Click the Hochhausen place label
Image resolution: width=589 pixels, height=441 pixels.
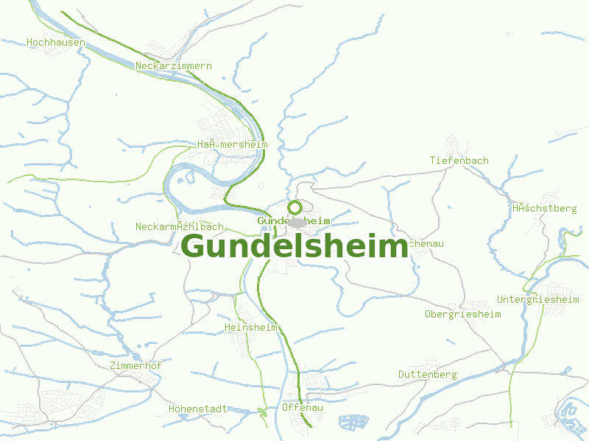coord(56,43)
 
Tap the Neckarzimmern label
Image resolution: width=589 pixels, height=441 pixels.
coord(174,66)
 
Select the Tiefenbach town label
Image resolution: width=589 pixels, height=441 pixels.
coord(459,160)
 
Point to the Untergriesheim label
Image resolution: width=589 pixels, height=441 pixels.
coord(538,300)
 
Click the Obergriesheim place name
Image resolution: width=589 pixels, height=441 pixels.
coord(462,315)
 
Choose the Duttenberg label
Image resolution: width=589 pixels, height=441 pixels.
coord(428,375)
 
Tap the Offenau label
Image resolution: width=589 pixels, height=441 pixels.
coord(303,408)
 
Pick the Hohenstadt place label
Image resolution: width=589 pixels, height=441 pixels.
coord(198,409)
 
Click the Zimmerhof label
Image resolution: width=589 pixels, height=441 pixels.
coord(135,366)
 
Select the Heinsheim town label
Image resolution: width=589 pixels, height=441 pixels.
coord(250,327)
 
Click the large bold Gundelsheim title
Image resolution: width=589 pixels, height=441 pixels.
coord(294,246)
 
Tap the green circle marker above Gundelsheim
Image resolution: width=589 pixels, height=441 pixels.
coord(294,207)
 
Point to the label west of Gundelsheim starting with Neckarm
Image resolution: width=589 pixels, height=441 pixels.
coord(180,227)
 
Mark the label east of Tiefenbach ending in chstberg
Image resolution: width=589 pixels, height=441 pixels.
coord(545,209)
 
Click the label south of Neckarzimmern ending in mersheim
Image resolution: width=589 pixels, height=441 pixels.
coord(232,145)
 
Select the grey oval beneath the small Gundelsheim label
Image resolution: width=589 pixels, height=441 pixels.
coord(297,223)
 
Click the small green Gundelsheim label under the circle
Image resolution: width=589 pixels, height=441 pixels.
coord(294,220)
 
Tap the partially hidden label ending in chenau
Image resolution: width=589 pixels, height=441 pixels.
coord(426,243)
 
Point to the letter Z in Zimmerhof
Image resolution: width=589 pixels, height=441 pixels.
coord(111,366)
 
